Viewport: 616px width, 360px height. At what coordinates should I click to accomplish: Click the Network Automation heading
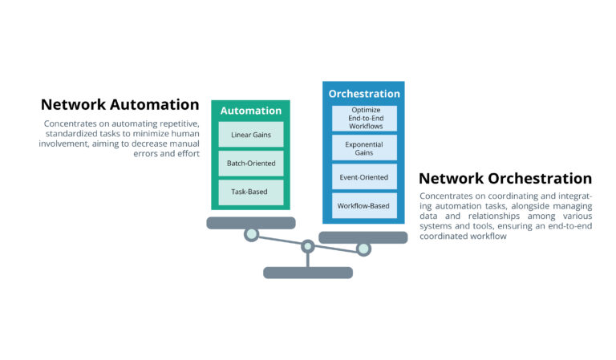coord(120,104)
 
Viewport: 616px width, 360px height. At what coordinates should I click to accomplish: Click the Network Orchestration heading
coord(505,178)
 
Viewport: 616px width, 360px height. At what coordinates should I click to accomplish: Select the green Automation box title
coord(250,111)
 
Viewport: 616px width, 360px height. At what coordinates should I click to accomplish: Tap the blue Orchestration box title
coord(363,94)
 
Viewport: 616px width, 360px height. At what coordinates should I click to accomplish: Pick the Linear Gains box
coord(250,134)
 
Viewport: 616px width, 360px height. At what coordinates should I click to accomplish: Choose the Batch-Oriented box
coord(250,163)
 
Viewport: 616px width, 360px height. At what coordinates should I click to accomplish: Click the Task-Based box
coord(250,192)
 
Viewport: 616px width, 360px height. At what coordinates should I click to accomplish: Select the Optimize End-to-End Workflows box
coord(364,118)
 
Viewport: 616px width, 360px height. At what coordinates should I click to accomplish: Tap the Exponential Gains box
coord(364,148)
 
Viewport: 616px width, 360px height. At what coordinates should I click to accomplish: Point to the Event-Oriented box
coord(364,177)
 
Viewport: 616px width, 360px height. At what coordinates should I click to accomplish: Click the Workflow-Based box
coord(364,206)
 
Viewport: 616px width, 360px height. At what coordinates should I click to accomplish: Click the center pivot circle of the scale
coord(307,246)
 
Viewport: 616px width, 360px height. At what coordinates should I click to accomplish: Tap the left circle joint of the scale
coord(251,234)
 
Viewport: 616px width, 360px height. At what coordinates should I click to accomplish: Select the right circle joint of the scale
coord(363,249)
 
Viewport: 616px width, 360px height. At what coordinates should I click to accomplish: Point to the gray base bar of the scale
coord(307,273)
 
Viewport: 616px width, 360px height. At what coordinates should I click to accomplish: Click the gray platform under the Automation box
coord(250,223)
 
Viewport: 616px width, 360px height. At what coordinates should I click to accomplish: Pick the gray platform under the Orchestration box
coord(363,237)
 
